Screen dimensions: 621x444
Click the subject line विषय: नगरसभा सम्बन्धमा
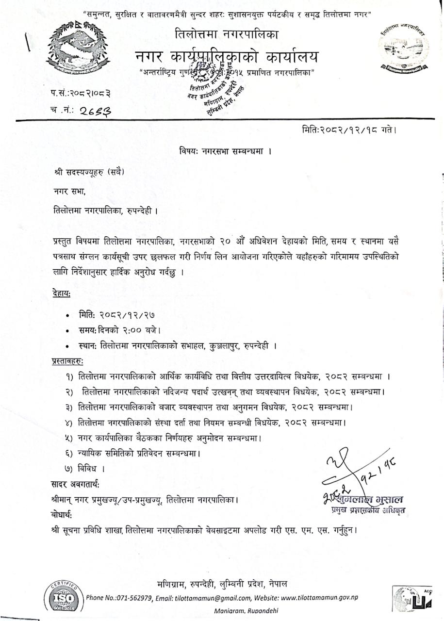(225, 151)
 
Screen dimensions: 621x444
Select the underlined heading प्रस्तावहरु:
(67, 361)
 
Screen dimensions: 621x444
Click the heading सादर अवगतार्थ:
(75, 484)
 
